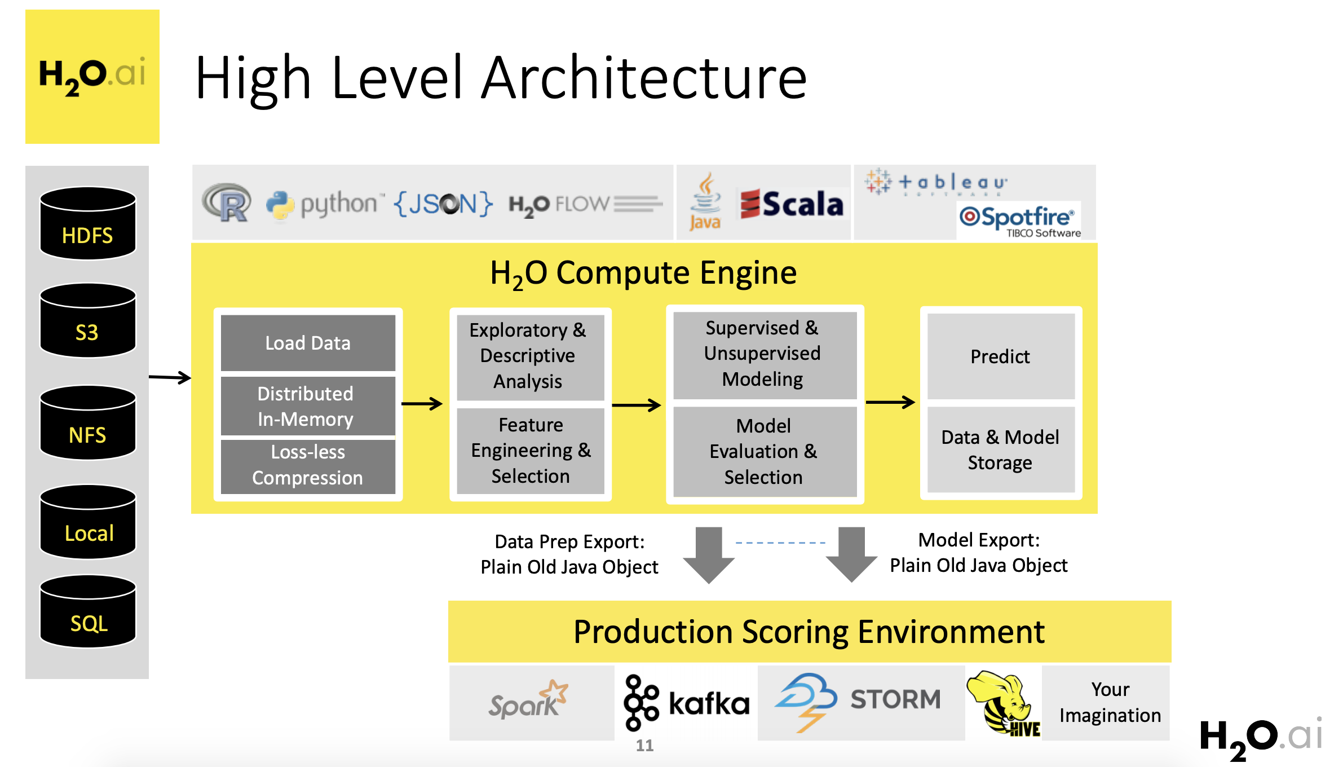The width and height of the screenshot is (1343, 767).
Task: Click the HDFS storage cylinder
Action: [88, 223]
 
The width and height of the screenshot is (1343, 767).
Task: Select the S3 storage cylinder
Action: [88, 320]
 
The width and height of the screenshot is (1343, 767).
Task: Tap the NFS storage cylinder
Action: [88, 422]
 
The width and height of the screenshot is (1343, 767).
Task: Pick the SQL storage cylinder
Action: [88, 611]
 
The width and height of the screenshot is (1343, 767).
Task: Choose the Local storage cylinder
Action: [88, 522]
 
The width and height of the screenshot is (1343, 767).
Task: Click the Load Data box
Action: [308, 343]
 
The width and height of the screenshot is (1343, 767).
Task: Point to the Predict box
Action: [1001, 356]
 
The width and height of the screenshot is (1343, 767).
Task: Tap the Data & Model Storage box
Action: [1001, 449]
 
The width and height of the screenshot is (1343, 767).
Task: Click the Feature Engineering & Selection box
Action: [531, 451]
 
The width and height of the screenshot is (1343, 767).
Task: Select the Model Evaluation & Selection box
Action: [765, 451]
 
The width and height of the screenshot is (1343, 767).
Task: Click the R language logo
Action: [227, 202]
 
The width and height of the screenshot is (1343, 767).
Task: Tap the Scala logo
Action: [792, 204]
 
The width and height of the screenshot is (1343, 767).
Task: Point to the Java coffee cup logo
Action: [705, 201]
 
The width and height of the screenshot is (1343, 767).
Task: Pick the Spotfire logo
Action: [1019, 221]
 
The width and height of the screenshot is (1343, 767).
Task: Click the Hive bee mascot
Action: [1003, 703]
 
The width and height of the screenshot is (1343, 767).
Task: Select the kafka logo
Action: [686, 703]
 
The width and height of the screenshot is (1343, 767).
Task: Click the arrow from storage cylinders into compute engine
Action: [170, 377]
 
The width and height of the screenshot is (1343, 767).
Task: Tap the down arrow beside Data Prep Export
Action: [709, 555]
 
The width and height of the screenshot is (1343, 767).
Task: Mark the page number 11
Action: [644, 746]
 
